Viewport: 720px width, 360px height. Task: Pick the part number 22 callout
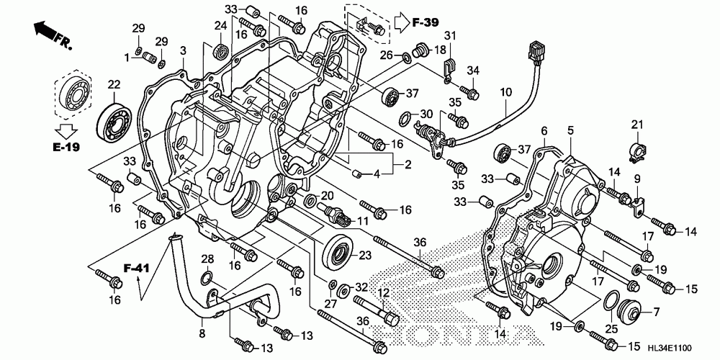[x=113, y=85]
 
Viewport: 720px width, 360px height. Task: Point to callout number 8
[x=202, y=333]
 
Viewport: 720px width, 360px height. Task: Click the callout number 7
[x=656, y=312]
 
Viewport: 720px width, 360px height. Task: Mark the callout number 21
[x=636, y=125]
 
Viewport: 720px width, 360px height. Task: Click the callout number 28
[x=207, y=258]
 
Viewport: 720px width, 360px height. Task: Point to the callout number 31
[x=450, y=36]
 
